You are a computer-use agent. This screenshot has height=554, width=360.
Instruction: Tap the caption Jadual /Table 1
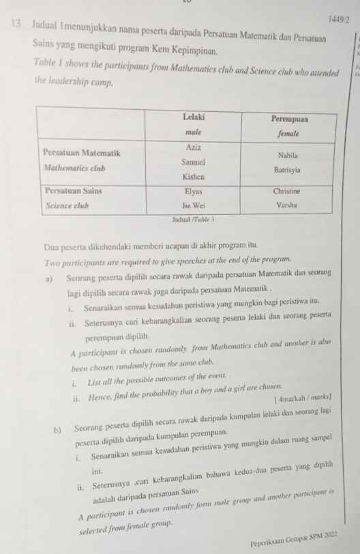185,220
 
